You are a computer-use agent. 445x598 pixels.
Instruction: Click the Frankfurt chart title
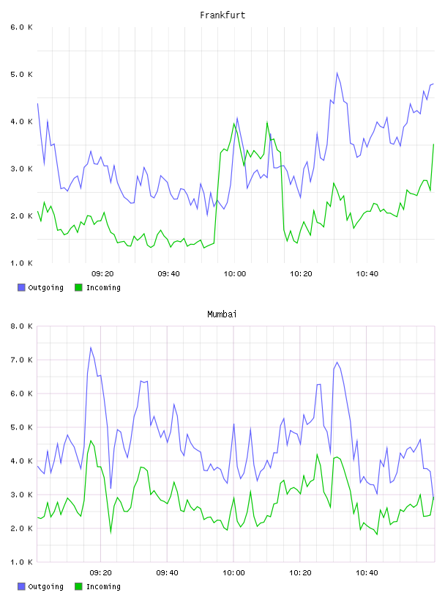[222, 15]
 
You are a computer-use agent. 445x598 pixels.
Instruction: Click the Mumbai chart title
[222, 314]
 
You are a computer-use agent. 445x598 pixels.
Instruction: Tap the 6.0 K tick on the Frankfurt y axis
[22, 27]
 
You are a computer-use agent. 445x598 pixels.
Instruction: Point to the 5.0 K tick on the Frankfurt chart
[22, 74]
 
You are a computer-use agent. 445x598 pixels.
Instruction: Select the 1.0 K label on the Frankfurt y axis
[22, 263]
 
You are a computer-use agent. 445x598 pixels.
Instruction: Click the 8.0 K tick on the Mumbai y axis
[22, 326]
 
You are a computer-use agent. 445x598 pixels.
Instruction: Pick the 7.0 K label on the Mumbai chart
[22, 360]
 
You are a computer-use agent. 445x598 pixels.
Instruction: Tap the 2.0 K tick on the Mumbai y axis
[22, 528]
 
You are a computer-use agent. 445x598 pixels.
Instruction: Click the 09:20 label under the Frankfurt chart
[102, 274]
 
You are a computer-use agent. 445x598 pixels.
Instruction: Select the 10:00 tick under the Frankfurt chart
[235, 274]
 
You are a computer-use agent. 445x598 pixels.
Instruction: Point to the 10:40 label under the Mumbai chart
[367, 573]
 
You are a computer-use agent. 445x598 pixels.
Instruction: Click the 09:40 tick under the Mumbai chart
[168, 573]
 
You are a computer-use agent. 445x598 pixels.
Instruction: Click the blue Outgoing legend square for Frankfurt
[21, 287]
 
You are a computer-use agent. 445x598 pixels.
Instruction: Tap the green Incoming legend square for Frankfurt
[78, 287]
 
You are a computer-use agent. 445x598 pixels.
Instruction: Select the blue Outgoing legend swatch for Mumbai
[21, 586]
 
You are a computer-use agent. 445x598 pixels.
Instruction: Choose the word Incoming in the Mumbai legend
[103, 586]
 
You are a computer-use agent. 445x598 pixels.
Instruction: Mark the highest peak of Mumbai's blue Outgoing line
[91, 347]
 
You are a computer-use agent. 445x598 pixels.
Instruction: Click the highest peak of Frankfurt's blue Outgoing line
[337, 73]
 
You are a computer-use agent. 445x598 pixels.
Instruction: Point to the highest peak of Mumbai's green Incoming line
[91, 440]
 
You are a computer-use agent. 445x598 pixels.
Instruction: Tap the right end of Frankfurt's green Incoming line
[433, 144]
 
